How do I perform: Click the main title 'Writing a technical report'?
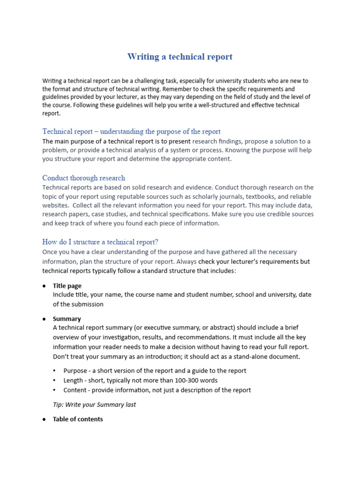click(180, 57)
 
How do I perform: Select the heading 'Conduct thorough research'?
click(83, 178)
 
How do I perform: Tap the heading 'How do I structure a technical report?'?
click(100, 242)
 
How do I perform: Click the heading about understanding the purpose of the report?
click(131, 131)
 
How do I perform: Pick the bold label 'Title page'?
click(67, 285)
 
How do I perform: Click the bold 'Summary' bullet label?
click(67, 319)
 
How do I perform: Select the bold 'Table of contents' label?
click(78, 419)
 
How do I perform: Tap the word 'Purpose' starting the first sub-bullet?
click(75, 370)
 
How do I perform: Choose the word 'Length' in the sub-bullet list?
click(73, 380)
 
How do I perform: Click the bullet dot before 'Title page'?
click(44, 286)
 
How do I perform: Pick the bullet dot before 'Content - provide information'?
click(55, 390)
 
